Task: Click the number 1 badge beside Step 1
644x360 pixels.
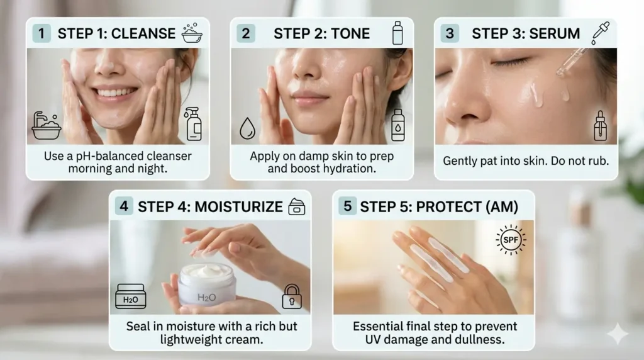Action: coord(42,33)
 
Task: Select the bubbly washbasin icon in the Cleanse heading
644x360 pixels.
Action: coord(192,33)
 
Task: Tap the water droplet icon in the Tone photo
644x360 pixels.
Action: coord(247,129)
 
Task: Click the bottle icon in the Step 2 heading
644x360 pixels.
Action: coord(397,33)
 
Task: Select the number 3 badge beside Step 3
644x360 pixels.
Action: coord(449,33)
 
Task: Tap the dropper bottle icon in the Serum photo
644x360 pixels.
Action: coord(601,126)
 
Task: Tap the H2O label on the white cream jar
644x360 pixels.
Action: coord(206,297)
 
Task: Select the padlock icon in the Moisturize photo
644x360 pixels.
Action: coord(291,296)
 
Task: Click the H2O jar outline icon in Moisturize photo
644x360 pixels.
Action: coord(130,297)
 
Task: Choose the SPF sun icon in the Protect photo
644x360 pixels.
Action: coord(510,240)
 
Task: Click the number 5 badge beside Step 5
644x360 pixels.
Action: coord(347,206)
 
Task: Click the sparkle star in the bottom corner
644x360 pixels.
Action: coord(617,334)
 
